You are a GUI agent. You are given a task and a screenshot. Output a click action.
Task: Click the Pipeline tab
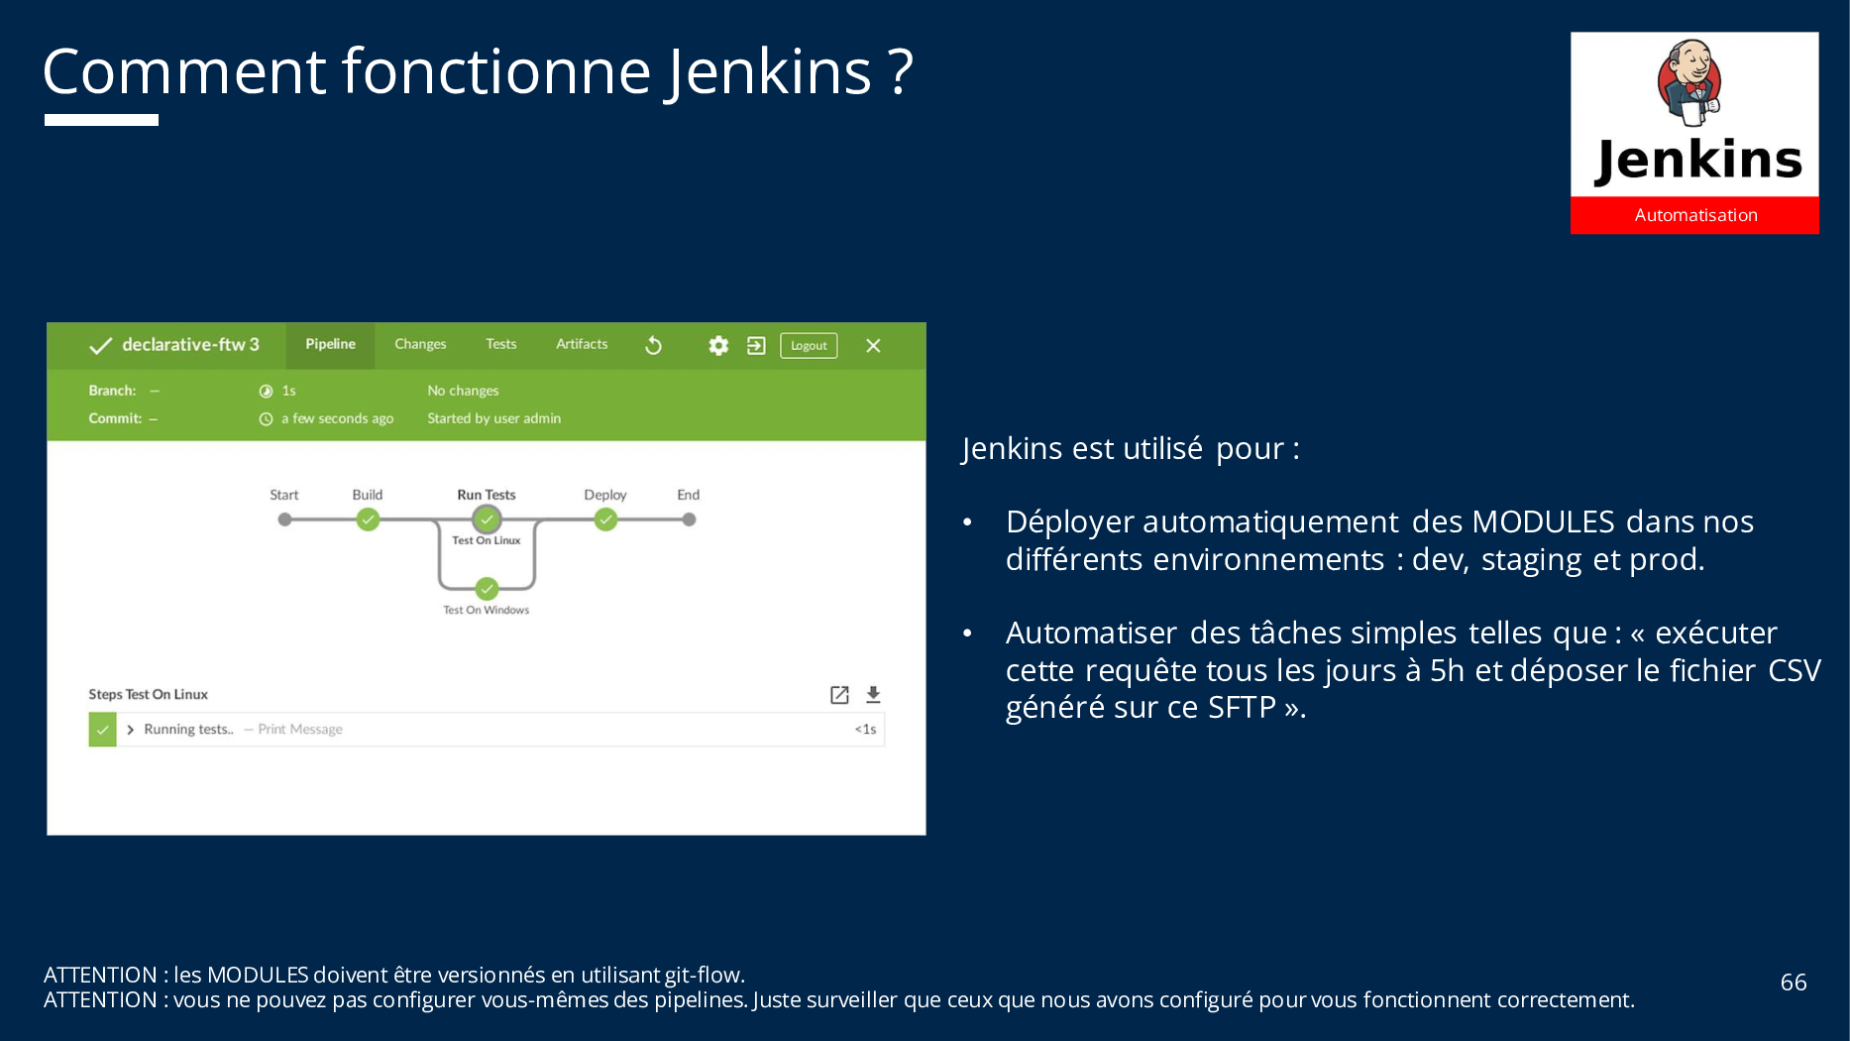tap(330, 345)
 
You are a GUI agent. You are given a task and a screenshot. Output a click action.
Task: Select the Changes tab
tap(420, 344)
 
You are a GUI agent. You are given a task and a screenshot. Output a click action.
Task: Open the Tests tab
tap(501, 344)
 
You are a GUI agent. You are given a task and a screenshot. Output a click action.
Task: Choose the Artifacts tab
tap(582, 344)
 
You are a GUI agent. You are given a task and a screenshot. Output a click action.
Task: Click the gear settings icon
tap(718, 345)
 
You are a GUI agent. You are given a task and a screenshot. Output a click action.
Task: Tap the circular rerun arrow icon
tap(653, 345)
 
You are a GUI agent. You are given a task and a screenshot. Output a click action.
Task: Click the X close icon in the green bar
tap(873, 345)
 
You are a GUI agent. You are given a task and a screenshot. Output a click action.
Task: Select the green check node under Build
tap(368, 520)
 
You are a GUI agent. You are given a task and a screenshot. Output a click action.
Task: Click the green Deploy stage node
tap(605, 520)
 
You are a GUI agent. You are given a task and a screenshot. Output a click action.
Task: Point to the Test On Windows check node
tap(487, 589)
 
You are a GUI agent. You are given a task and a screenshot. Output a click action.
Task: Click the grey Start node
tap(284, 520)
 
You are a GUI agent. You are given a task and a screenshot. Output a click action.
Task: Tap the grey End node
tap(689, 520)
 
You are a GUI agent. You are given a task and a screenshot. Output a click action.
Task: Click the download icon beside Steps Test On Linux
tap(873, 695)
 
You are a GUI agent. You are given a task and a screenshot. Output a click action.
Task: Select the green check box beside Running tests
tap(103, 730)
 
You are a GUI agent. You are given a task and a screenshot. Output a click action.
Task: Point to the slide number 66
tap(1794, 983)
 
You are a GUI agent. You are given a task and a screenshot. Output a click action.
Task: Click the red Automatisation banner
tap(1694, 215)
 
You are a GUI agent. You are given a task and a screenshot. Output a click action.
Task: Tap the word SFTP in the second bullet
tap(1242, 708)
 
